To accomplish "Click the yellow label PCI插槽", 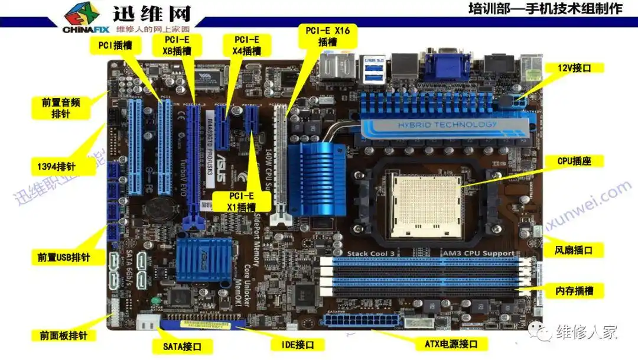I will (115, 45).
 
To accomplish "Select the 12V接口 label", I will (574, 68).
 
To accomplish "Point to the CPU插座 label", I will (574, 161).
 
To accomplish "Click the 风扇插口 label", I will (574, 250).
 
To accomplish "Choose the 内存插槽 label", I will (574, 290).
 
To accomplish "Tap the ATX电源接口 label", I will (451, 343).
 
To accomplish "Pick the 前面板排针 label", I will (63, 335).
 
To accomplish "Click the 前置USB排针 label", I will (63, 257).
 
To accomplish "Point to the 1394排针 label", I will (63, 166).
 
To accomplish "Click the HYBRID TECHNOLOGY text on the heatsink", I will (447, 125).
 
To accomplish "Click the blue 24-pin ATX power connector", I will (356, 322).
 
